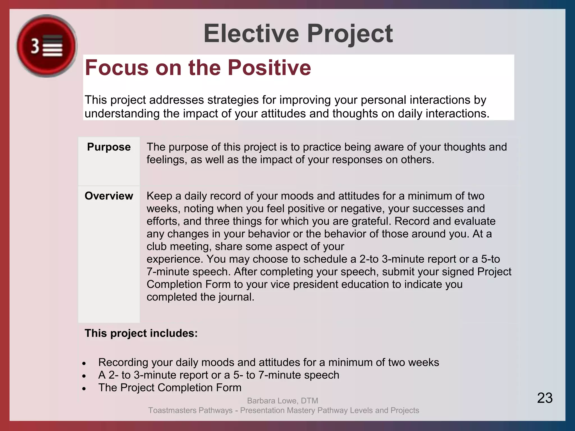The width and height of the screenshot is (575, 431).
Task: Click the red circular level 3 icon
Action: tap(47, 46)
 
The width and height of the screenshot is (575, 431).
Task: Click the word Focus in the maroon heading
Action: tap(117, 68)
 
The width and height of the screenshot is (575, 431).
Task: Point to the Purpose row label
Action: tap(109, 147)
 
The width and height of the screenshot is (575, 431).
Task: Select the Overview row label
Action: tap(109, 196)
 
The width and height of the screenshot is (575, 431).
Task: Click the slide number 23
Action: tap(545, 398)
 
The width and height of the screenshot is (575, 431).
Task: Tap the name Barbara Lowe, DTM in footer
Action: tap(282, 400)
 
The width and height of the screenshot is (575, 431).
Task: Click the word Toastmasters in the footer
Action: tap(172, 410)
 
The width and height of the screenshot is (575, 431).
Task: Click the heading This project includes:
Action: tap(141, 333)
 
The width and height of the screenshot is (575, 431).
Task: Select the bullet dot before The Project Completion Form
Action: tap(84, 389)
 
